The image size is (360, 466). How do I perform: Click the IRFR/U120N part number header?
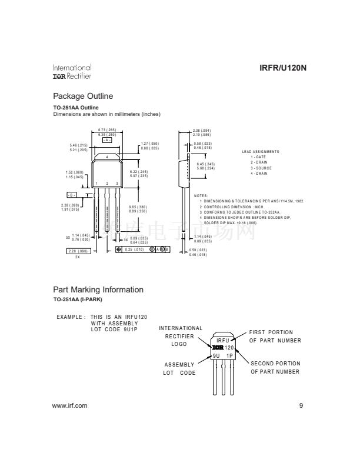283,68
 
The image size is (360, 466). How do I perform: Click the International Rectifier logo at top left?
72,72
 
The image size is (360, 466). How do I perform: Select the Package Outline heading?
83,96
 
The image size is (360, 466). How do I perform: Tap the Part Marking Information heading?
98,289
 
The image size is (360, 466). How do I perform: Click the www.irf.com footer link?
70,405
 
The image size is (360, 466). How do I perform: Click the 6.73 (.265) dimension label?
107,129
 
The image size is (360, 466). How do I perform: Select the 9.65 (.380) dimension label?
138,207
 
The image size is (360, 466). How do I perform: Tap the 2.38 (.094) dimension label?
202,130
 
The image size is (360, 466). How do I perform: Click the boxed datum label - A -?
106,140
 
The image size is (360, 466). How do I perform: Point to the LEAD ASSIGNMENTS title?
261,152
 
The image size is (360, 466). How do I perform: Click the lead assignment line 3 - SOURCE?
261,168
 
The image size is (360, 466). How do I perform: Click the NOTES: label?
201,195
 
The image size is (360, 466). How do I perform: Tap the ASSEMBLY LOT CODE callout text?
179,369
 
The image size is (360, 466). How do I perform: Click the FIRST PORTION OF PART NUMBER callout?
275,336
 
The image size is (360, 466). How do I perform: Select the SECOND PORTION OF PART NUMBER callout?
275,367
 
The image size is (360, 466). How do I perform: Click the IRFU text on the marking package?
223,341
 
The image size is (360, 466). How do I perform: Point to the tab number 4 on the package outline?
107,158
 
